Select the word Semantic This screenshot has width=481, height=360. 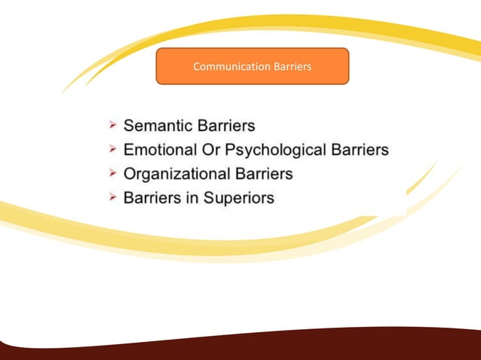[158, 124]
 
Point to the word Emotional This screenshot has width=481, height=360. [163, 149]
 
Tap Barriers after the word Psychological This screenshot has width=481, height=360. [360, 149]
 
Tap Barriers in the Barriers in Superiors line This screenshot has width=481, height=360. [151, 199]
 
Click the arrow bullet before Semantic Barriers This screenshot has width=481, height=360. [111, 124]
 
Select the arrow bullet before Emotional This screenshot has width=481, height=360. [111, 149]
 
